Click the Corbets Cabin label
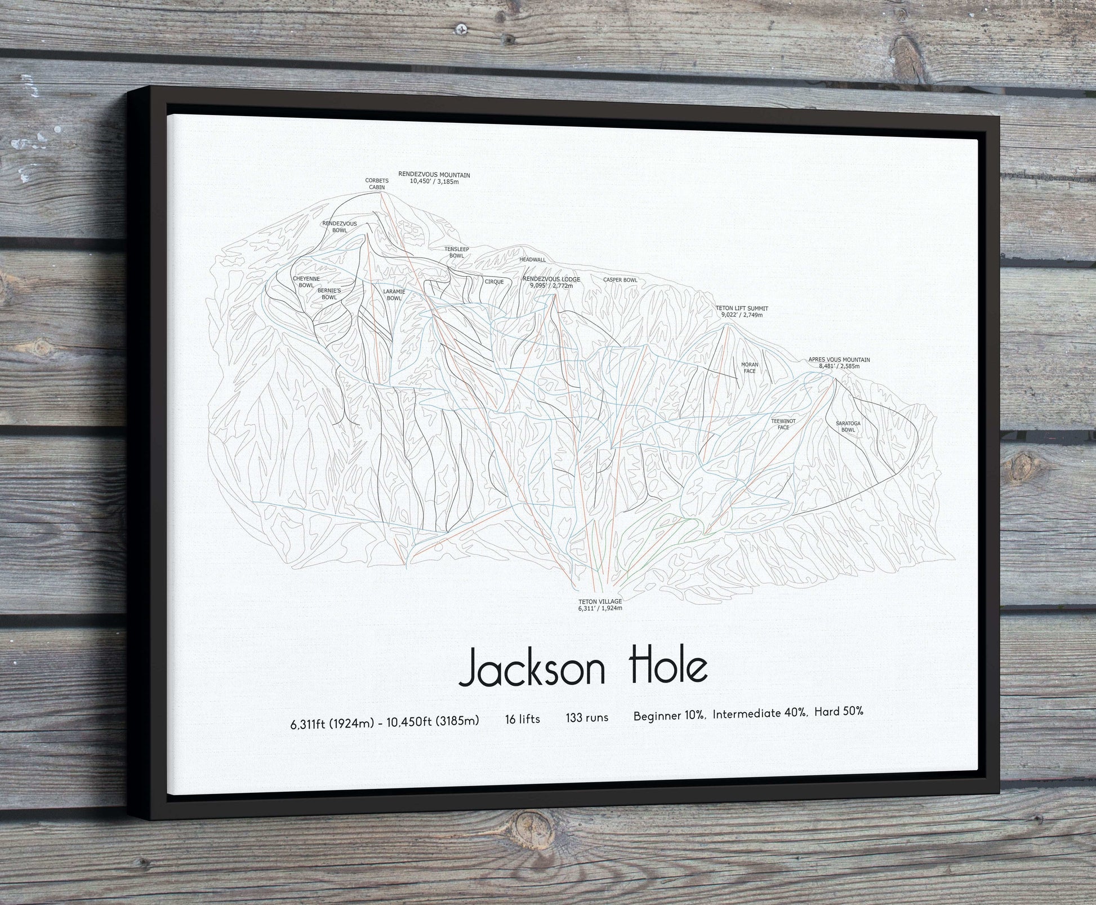click(x=377, y=184)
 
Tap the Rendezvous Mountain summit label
click(x=434, y=178)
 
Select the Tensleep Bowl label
click(x=456, y=252)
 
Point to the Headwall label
click(x=532, y=260)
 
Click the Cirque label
click(x=494, y=282)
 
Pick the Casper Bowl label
click(x=620, y=280)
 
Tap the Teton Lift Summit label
click(x=742, y=312)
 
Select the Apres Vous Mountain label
click(x=839, y=363)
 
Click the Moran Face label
click(x=749, y=368)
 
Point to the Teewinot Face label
click(x=783, y=424)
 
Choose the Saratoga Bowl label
click(x=848, y=426)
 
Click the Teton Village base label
click(x=600, y=605)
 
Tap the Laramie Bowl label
click(x=394, y=294)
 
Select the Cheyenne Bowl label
click(x=306, y=282)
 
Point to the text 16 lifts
click(x=522, y=719)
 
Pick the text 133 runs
click(x=587, y=717)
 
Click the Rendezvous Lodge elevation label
click(x=551, y=282)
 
